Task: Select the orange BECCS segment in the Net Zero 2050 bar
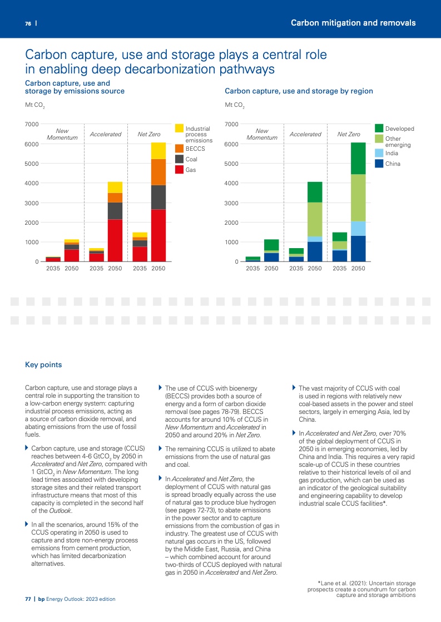coord(158,172)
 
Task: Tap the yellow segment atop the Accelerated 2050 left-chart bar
coord(115,187)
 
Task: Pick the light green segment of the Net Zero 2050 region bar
coord(358,198)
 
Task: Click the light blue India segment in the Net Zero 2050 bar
coord(358,229)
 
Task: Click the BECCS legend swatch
coord(179,149)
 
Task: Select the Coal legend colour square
coord(179,159)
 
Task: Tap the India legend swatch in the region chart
coord(379,153)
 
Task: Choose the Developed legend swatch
coord(379,129)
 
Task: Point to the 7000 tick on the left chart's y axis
coord(32,124)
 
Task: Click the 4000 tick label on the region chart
coord(232,183)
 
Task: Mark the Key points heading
coord(43,365)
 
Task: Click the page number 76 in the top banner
coord(28,23)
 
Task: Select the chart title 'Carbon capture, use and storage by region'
coord(299,91)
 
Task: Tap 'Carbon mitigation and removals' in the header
coord(353,23)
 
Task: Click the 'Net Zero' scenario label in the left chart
coord(148,134)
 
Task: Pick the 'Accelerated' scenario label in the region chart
coord(305,134)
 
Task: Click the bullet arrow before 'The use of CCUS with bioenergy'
coord(161,387)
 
